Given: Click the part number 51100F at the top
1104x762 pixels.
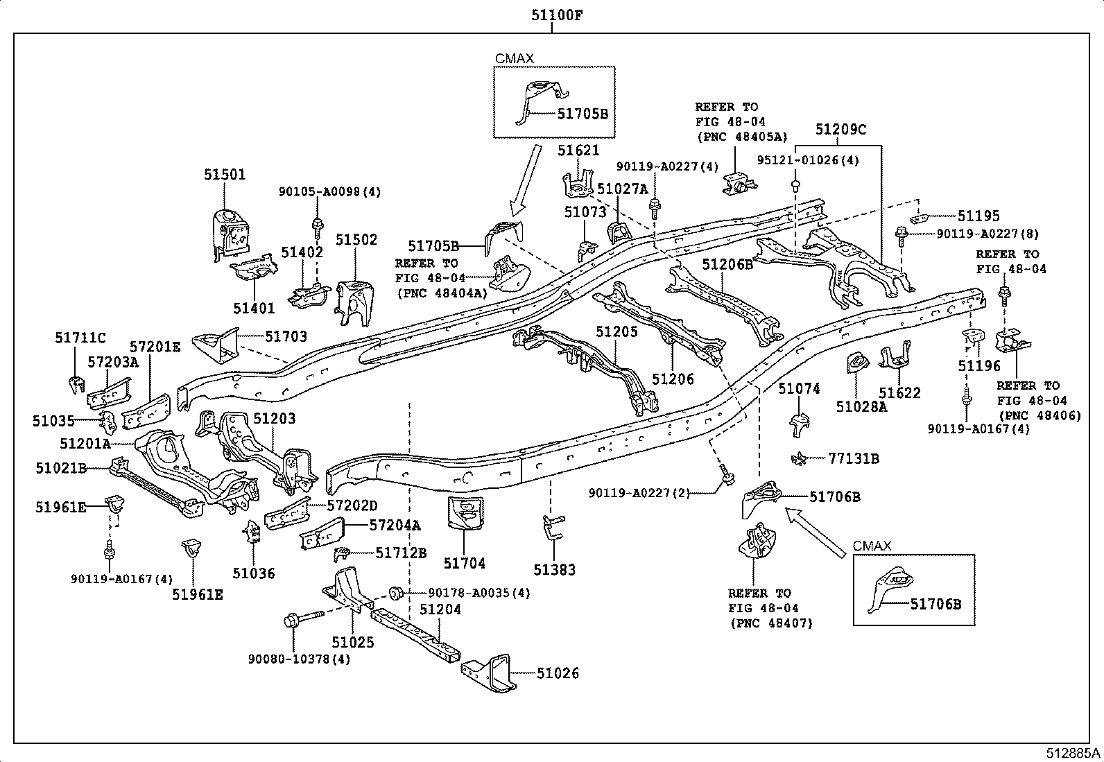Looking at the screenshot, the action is point(556,15).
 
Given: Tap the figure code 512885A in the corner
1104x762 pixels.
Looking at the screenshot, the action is point(1073,753).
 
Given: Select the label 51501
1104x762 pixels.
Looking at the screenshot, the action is point(225,175).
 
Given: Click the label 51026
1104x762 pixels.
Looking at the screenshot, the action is point(558,673).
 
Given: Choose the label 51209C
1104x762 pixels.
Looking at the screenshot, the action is point(840,130).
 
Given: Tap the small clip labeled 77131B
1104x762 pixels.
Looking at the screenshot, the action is point(798,459).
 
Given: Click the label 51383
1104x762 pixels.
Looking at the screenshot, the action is point(555,570).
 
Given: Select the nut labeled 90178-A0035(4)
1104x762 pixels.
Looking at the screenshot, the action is point(396,593).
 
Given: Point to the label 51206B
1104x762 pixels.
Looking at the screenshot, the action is point(727,265).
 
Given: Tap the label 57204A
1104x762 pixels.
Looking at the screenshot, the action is point(395,526).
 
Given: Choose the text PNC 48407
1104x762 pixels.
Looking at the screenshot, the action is point(771,623).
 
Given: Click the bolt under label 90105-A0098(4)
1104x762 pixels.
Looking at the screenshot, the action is point(318,228).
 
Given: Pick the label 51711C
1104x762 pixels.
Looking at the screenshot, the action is point(80,338).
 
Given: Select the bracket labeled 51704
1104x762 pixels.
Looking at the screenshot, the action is point(465,513).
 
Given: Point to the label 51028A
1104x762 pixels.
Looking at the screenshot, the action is point(861,407).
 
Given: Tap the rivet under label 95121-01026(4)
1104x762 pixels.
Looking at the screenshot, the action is point(795,186).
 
